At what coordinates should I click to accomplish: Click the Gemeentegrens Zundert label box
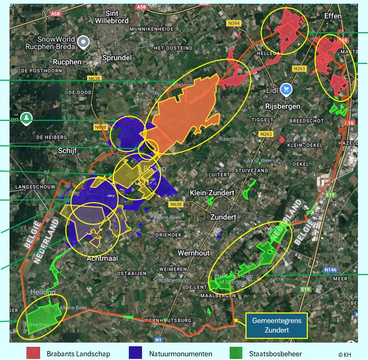pos(270,326)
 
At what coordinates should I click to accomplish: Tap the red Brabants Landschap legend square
pos(33,353)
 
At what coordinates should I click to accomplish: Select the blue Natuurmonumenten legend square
pos(135,353)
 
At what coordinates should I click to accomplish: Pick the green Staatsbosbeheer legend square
pos(237,353)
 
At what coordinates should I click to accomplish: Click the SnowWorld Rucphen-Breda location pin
pos(83,42)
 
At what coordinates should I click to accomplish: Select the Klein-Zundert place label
pos(212,193)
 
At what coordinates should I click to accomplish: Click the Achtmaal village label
pos(102,258)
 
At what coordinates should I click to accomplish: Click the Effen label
pos(333,16)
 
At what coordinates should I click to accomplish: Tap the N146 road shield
pos(331,270)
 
